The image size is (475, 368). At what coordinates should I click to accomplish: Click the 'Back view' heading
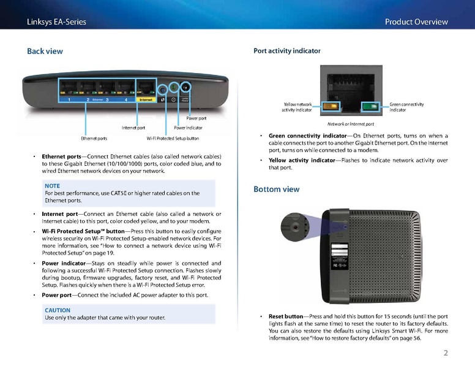[45, 51]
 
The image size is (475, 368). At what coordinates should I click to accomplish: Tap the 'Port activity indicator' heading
[286, 51]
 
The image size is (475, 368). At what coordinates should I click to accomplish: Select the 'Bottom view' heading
[276, 190]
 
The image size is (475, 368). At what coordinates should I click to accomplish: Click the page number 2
[446, 353]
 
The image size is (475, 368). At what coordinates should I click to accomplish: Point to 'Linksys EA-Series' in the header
[56, 22]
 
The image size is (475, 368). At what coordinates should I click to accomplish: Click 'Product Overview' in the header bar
[416, 22]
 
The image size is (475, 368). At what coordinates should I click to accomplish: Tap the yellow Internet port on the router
[146, 88]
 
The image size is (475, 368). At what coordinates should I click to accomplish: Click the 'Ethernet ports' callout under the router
[94, 138]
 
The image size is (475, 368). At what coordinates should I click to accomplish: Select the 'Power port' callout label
[196, 118]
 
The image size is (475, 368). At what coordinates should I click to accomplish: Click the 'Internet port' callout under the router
[133, 128]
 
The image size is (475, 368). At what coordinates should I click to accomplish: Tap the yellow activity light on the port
[334, 105]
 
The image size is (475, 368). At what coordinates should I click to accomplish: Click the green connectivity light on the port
[369, 106]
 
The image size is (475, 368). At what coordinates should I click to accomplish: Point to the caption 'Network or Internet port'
[351, 124]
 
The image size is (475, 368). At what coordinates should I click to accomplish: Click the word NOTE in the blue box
[52, 185]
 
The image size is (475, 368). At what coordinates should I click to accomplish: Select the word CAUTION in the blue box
[58, 310]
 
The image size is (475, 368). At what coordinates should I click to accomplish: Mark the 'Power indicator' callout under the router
[188, 128]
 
